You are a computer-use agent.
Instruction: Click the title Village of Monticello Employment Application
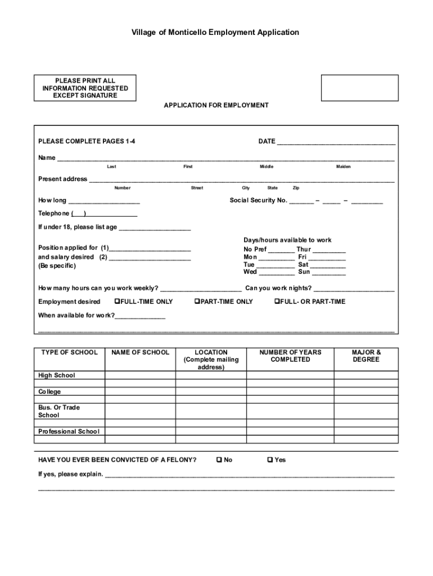click(x=216, y=33)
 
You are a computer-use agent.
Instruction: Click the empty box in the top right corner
click(x=359, y=88)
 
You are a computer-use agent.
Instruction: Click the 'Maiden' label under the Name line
click(x=343, y=167)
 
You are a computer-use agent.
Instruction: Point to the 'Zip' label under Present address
click(x=296, y=188)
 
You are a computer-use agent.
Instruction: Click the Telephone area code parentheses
click(x=78, y=214)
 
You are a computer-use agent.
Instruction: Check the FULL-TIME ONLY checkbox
click(x=117, y=301)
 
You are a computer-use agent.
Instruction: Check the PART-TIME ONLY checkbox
click(x=197, y=301)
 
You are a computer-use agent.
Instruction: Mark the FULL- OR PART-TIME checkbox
click(x=277, y=301)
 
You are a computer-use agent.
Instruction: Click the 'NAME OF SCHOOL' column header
click(x=140, y=353)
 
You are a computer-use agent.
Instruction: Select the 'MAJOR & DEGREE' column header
click(x=366, y=356)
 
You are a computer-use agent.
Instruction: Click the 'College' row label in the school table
click(x=49, y=392)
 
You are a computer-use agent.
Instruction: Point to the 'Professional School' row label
click(x=69, y=432)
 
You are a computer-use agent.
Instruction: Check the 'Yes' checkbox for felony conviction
click(x=270, y=460)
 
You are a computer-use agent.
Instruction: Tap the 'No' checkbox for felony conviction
click(x=219, y=460)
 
